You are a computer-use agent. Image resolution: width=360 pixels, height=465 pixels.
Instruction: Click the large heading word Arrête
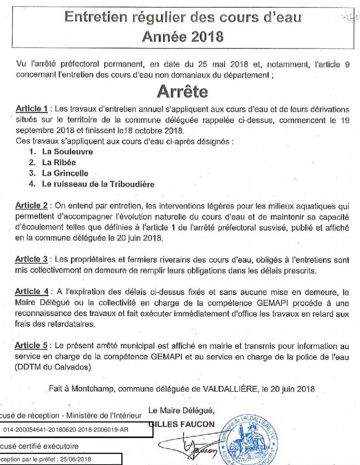pyautogui.click(x=182, y=91)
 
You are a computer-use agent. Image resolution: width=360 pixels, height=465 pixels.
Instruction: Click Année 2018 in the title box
pyautogui.click(x=182, y=36)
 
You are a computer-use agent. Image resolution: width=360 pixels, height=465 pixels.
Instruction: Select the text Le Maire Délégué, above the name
pyautogui.click(x=180, y=411)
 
